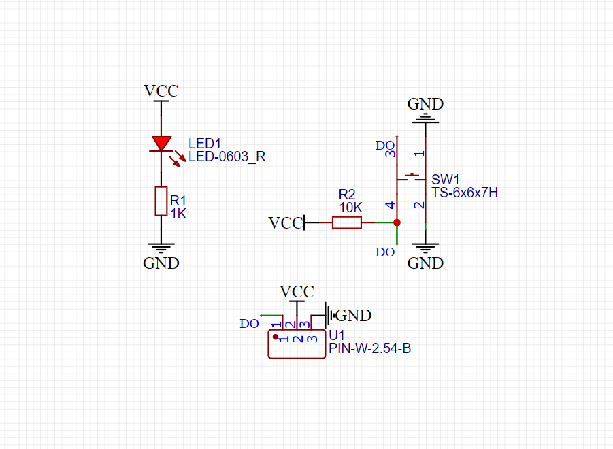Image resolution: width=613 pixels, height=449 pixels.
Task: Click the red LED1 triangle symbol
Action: click(161, 143)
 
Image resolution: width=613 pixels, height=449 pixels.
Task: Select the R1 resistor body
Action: click(161, 201)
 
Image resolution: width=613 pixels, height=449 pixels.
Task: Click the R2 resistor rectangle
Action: click(346, 222)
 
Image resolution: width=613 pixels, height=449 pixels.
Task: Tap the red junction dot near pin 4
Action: click(397, 222)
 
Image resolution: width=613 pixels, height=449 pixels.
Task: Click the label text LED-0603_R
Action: click(227, 156)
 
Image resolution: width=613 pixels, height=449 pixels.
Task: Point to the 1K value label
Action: click(178, 213)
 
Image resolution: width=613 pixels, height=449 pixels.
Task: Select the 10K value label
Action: click(350, 206)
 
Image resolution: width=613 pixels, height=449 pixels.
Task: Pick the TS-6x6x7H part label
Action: click(465, 193)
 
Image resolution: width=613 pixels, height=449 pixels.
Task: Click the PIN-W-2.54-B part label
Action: click(369, 349)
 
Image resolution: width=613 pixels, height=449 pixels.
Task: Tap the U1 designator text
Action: click(337, 336)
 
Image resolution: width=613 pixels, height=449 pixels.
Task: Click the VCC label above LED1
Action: click(161, 91)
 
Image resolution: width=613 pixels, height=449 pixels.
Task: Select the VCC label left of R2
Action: click(285, 223)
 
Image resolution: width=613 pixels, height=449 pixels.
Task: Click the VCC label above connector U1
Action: click(297, 292)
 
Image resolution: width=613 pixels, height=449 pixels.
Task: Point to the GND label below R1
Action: click(161, 263)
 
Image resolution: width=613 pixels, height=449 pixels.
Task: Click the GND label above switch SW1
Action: click(425, 104)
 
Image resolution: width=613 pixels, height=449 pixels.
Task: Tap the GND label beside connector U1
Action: click(354, 316)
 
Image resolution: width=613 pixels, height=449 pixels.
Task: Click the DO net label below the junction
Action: click(385, 252)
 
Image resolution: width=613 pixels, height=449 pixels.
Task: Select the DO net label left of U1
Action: click(249, 324)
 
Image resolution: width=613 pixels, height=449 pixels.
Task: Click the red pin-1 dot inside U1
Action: click(276, 337)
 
